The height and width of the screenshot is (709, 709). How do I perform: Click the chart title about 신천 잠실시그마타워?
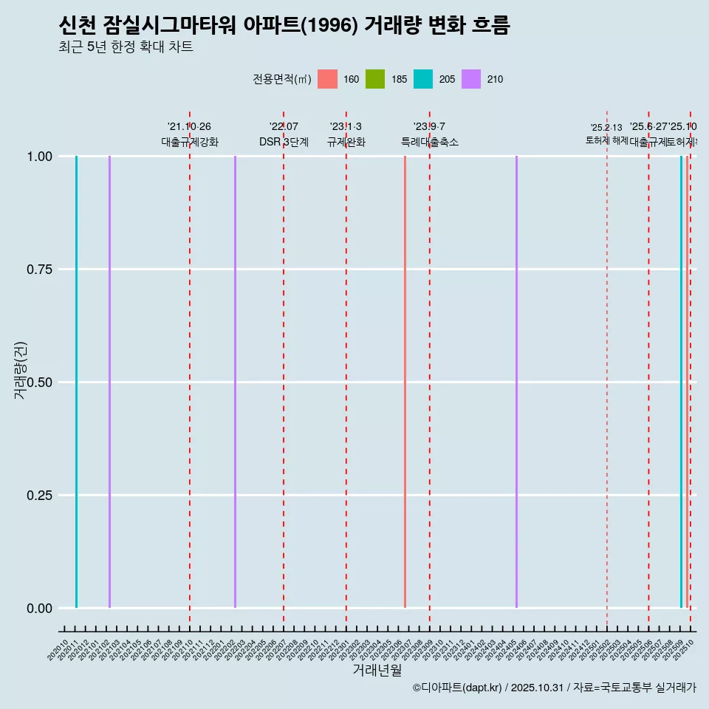pos(284,26)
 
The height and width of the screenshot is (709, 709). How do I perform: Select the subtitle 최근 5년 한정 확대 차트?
pos(126,47)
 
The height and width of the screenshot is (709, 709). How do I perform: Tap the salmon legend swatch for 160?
pos(327,79)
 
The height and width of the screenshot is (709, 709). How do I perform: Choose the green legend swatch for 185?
pos(375,79)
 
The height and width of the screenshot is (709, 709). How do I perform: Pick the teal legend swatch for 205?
pos(423,79)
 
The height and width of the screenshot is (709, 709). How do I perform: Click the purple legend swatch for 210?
pos(471,79)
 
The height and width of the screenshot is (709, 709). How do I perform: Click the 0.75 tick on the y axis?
pos(38,270)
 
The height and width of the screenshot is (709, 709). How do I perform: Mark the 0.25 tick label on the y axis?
pos(38,496)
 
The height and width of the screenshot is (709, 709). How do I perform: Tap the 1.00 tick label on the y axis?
pos(38,157)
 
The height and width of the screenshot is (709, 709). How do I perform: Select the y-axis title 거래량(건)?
pos(21,370)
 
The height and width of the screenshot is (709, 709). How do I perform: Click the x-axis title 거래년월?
pos(377,670)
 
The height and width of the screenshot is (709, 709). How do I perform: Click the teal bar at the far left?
pos(76,382)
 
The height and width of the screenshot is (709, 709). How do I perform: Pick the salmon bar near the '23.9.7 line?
pos(405,382)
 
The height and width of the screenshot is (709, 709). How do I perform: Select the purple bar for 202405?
pos(516,382)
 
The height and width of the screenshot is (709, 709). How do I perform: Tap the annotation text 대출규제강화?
pos(190,142)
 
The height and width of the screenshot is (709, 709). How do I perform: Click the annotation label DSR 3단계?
pos(284,142)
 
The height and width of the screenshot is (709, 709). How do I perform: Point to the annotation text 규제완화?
pos(346,142)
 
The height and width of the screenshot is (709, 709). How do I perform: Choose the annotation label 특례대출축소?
pos(430,142)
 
